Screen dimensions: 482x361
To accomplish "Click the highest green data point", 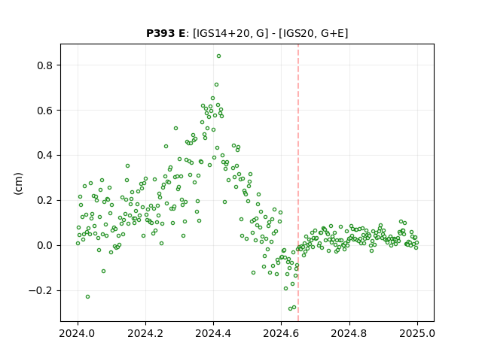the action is coord(218,56).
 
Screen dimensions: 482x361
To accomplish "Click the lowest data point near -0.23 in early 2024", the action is coord(87,297).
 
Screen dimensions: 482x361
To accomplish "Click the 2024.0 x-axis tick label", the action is coord(78,333).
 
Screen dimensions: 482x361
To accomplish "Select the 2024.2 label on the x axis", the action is coord(145,333).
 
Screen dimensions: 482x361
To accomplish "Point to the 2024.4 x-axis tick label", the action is coord(213,333).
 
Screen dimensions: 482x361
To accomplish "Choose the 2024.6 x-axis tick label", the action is coord(281,333).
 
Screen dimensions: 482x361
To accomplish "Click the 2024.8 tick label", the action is coord(349,333).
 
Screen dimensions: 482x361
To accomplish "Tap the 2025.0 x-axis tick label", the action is coord(417,333).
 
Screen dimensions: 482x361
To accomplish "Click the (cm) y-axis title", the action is coord(18,184).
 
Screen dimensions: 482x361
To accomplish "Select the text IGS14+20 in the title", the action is coord(221,33).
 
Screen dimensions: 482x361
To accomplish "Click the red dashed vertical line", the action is coord(298,183).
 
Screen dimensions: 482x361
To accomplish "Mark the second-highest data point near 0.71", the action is coord(216,85).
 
